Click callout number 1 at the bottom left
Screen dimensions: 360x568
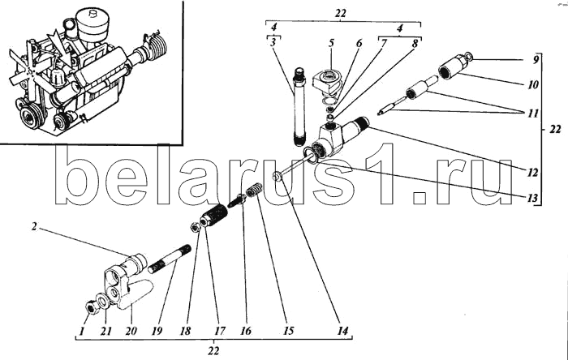pos(83,331)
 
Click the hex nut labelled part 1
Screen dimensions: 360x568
pos(92,306)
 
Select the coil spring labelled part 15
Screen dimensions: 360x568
pos(255,194)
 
